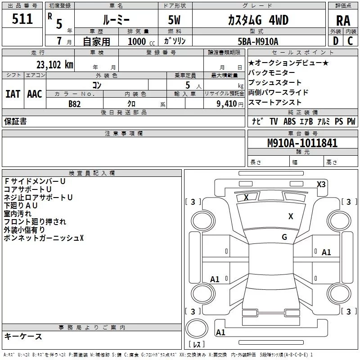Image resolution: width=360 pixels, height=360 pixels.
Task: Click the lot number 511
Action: click(x=22, y=19)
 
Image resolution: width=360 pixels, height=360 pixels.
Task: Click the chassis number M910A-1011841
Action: click(x=302, y=143)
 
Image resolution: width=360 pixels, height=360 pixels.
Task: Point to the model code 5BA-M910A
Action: click(x=258, y=42)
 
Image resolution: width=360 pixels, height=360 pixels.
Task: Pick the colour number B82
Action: click(x=75, y=104)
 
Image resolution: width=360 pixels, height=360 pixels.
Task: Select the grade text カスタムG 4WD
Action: click(x=258, y=20)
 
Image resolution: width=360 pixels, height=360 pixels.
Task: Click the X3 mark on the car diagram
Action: click(x=321, y=184)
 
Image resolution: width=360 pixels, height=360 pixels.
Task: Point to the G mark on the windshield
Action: click(x=284, y=237)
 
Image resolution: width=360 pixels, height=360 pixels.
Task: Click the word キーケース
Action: click(x=23, y=337)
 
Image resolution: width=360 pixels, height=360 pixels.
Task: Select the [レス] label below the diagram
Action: click(x=196, y=345)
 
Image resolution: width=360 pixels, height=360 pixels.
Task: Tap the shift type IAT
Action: click(x=13, y=94)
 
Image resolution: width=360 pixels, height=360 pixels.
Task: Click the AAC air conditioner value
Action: click(x=34, y=94)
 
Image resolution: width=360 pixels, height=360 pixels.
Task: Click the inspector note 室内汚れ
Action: click(x=18, y=214)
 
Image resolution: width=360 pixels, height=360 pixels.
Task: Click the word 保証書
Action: click(x=15, y=121)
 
